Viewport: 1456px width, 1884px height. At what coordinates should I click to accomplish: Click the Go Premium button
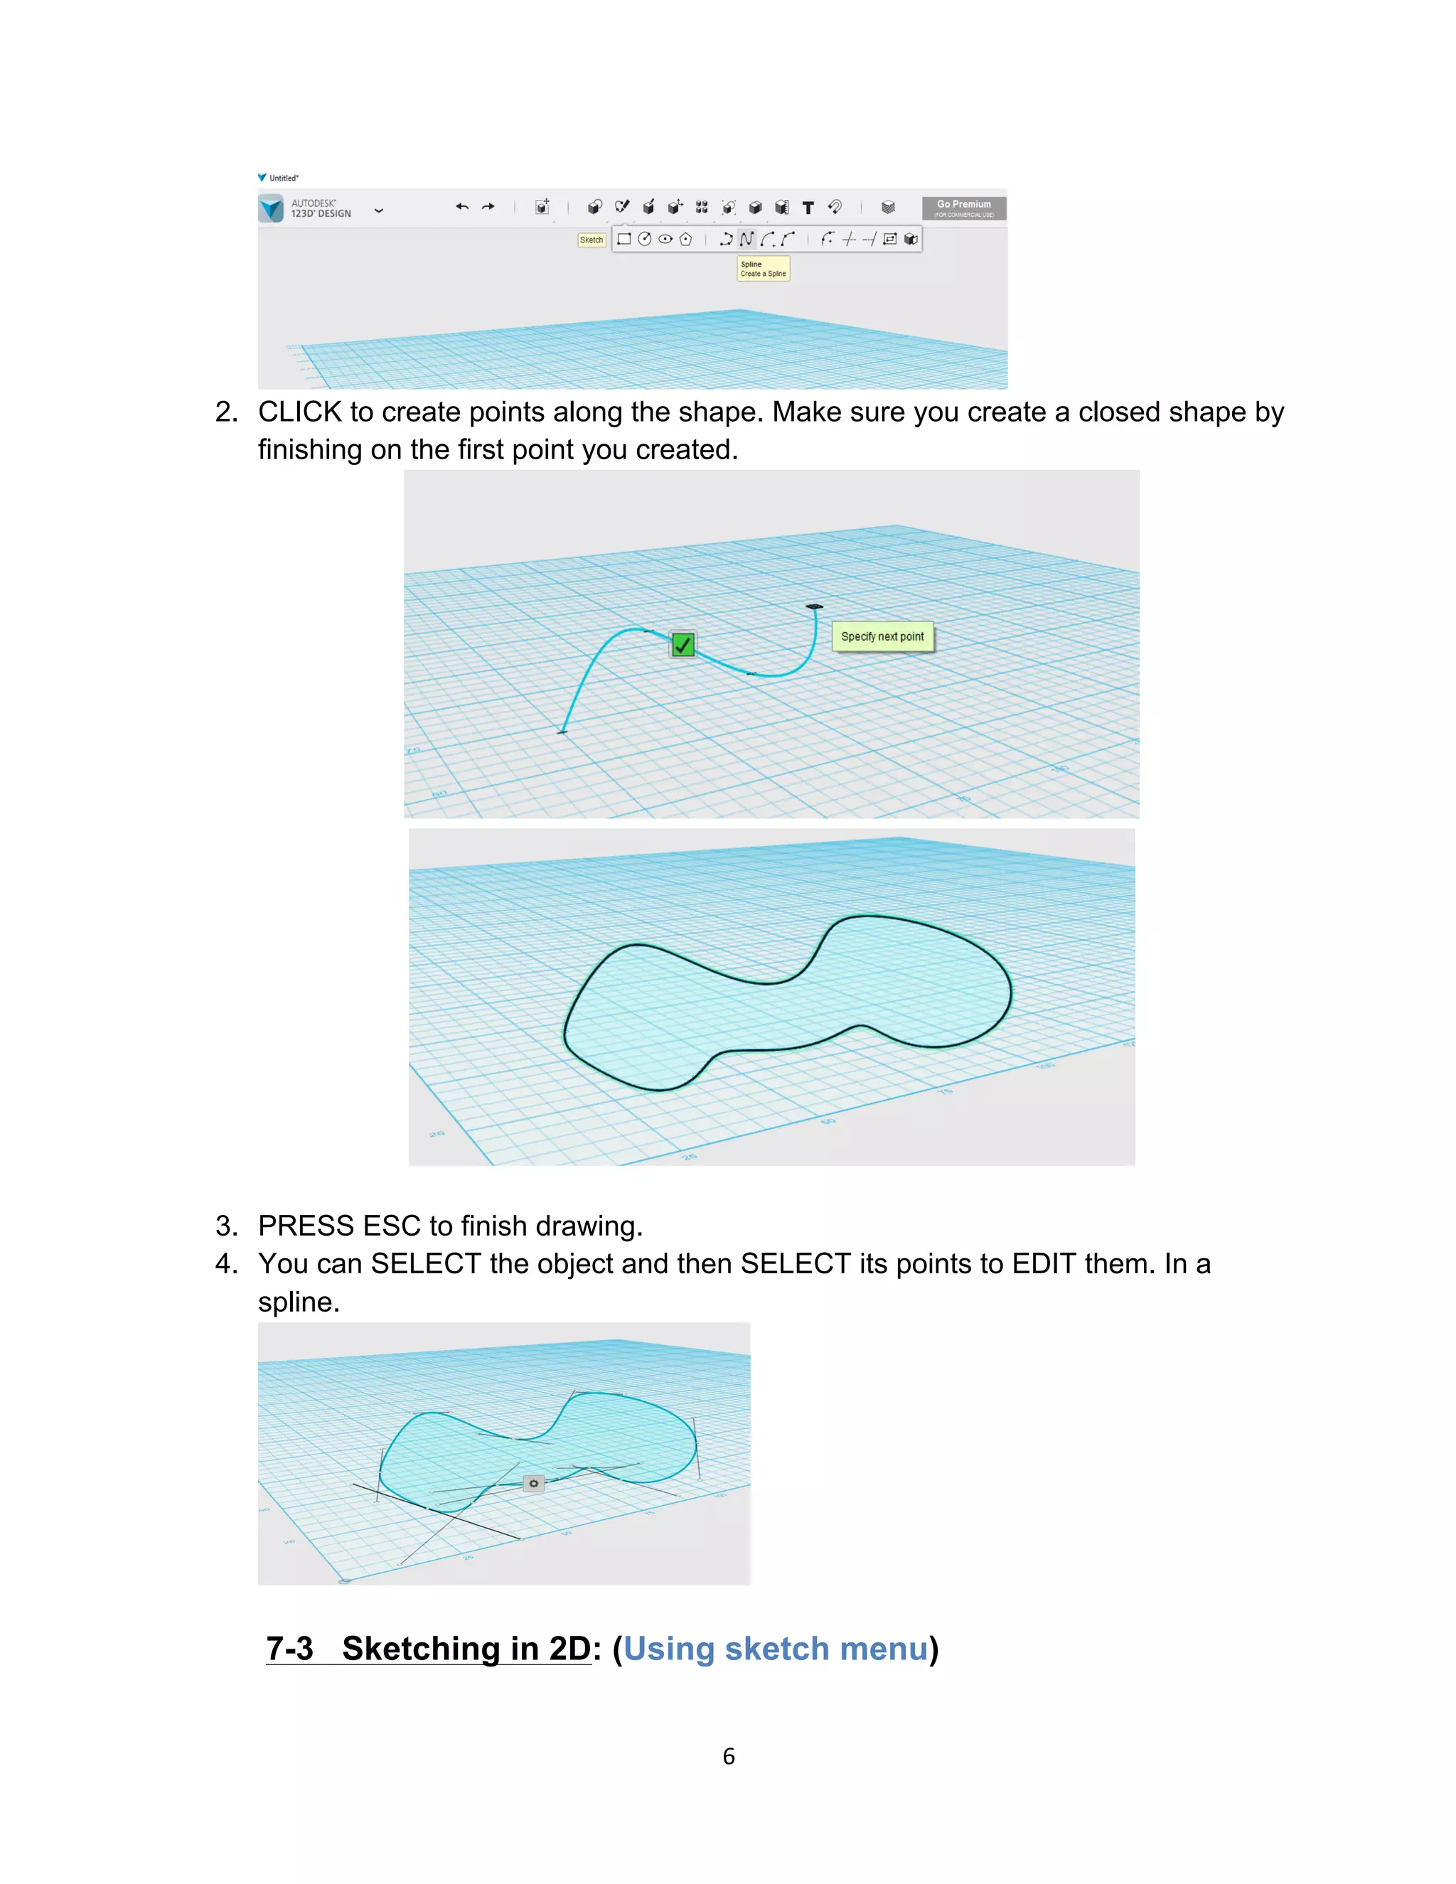[x=963, y=208]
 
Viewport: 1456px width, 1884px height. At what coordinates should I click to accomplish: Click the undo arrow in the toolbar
[x=462, y=207]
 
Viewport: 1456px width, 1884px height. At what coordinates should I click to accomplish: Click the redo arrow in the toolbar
[x=488, y=207]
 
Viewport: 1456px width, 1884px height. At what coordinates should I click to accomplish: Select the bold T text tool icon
[x=808, y=208]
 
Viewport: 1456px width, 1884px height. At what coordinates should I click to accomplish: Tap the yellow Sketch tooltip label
[x=591, y=240]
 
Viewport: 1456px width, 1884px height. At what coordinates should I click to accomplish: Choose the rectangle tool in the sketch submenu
[x=623, y=239]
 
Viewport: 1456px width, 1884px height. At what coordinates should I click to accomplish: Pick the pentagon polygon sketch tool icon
[x=686, y=239]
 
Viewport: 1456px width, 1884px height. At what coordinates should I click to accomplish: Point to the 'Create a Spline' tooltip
[x=764, y=269]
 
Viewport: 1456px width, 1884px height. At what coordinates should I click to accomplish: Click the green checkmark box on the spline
[x=683, y=644]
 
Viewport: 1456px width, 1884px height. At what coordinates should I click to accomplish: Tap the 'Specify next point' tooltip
[x=882, y=636]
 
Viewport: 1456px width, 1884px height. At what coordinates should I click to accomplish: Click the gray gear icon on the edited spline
[x=534, y=1484]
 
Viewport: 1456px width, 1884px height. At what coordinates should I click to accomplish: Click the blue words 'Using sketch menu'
[x=775, y=1649]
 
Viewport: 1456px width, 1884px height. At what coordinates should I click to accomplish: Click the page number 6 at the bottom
[x=729, y=1756]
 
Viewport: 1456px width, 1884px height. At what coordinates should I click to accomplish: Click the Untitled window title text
[x=284, y=178]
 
